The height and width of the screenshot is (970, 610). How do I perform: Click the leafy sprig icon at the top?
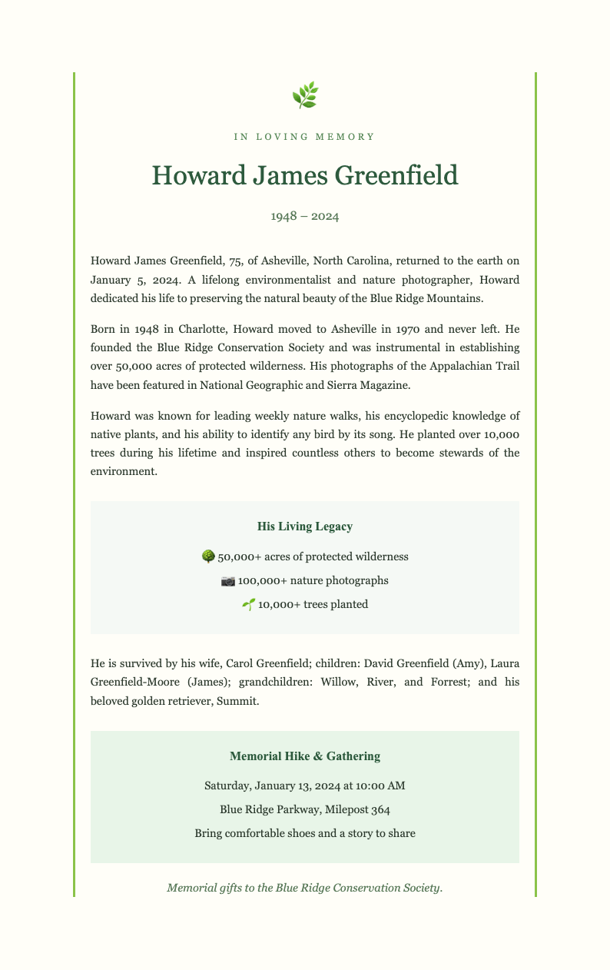coord(305,95)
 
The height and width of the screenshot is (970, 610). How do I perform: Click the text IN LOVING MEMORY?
coord(305,137)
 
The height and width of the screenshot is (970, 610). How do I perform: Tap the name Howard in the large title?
coord(196,175)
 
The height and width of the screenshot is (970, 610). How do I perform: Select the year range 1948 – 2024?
coord(305,216)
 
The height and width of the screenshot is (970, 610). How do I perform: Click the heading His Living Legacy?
coord(305,527)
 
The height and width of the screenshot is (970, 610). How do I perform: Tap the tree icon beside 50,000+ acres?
coord(207,556)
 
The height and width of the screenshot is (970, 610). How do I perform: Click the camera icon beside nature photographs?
coord(227,580)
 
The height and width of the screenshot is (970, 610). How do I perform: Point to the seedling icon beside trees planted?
coord(248,604)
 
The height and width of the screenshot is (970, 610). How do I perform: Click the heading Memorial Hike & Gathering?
coord(305,756)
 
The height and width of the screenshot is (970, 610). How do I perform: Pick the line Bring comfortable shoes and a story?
coord(305,833)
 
